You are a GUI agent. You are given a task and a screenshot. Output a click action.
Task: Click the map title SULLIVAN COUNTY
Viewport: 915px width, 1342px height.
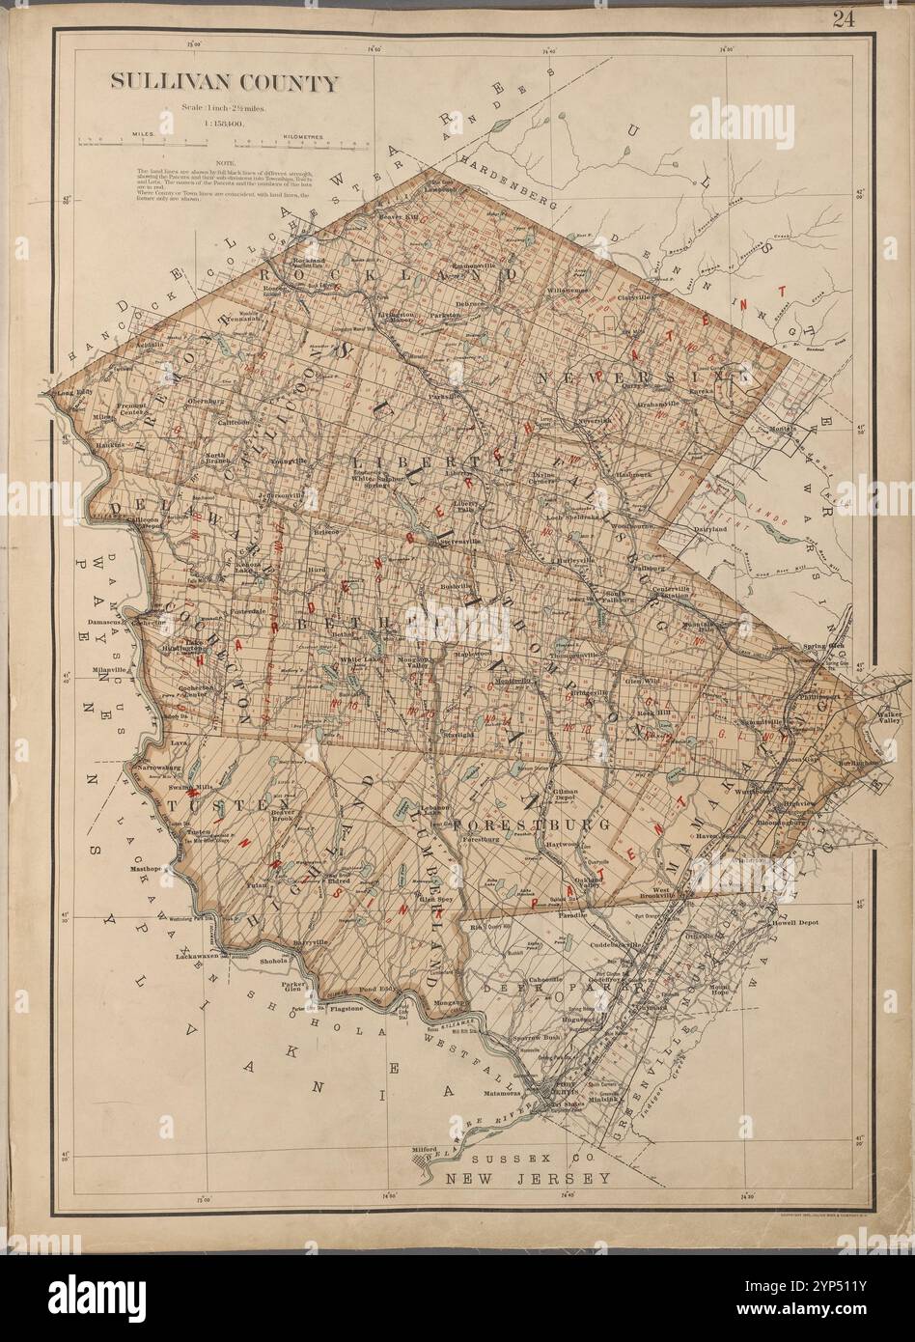pos(224,83)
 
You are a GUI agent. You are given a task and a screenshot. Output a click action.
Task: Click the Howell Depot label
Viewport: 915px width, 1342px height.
pos(796,922)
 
